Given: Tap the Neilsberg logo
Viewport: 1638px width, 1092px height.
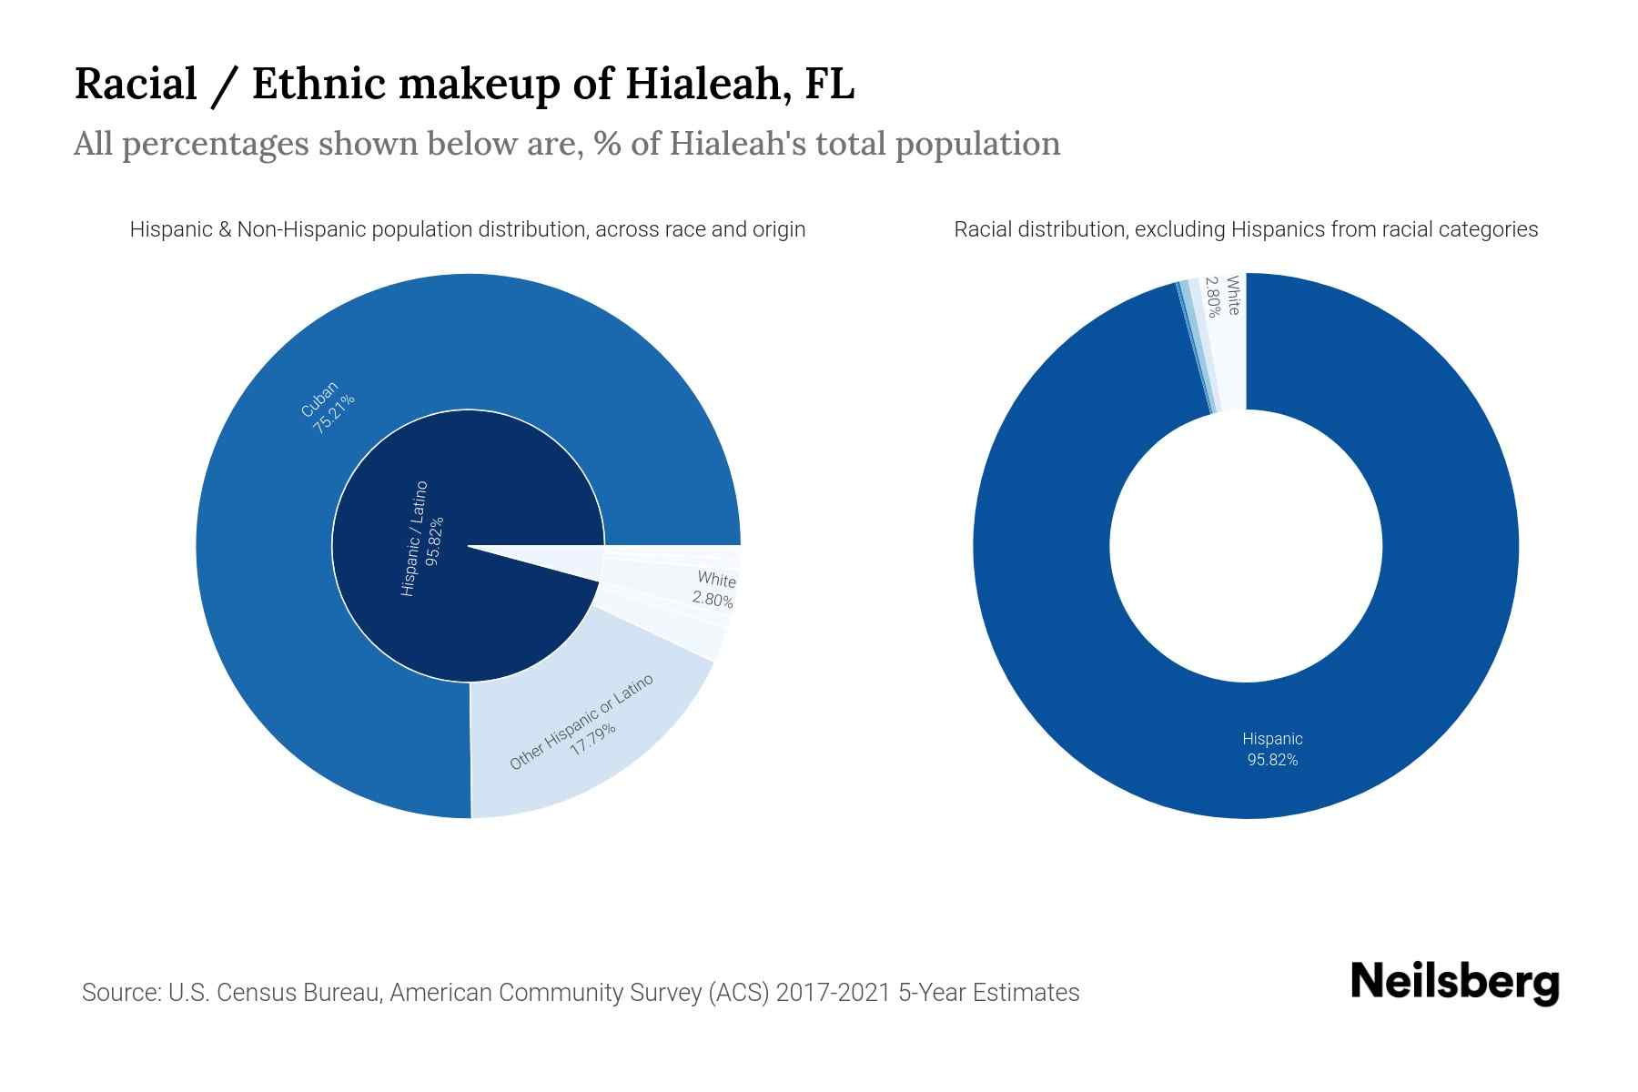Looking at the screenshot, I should [1454, 983].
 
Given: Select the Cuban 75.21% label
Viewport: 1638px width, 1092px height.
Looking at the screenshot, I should [328, 407].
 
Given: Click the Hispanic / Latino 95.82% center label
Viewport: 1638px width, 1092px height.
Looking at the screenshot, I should [423, 540].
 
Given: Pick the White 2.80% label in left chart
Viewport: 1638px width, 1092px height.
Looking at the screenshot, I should [714, 589].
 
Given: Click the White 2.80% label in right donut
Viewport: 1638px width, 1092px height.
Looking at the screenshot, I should [1222, 295].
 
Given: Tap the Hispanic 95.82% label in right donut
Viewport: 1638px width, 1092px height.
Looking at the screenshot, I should [1272, 749].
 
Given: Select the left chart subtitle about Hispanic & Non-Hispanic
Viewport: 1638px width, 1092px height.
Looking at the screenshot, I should [468, 229].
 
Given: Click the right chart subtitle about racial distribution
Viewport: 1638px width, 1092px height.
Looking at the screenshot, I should [1246, 229].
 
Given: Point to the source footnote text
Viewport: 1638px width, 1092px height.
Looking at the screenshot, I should [581, 992].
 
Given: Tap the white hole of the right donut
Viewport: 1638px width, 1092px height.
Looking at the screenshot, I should [1246, 546].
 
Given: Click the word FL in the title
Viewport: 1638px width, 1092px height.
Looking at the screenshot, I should [830, 85].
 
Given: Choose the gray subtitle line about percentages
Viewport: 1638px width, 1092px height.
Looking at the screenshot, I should [567, 144].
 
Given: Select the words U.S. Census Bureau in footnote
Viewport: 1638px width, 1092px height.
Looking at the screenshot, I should [274, 992].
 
